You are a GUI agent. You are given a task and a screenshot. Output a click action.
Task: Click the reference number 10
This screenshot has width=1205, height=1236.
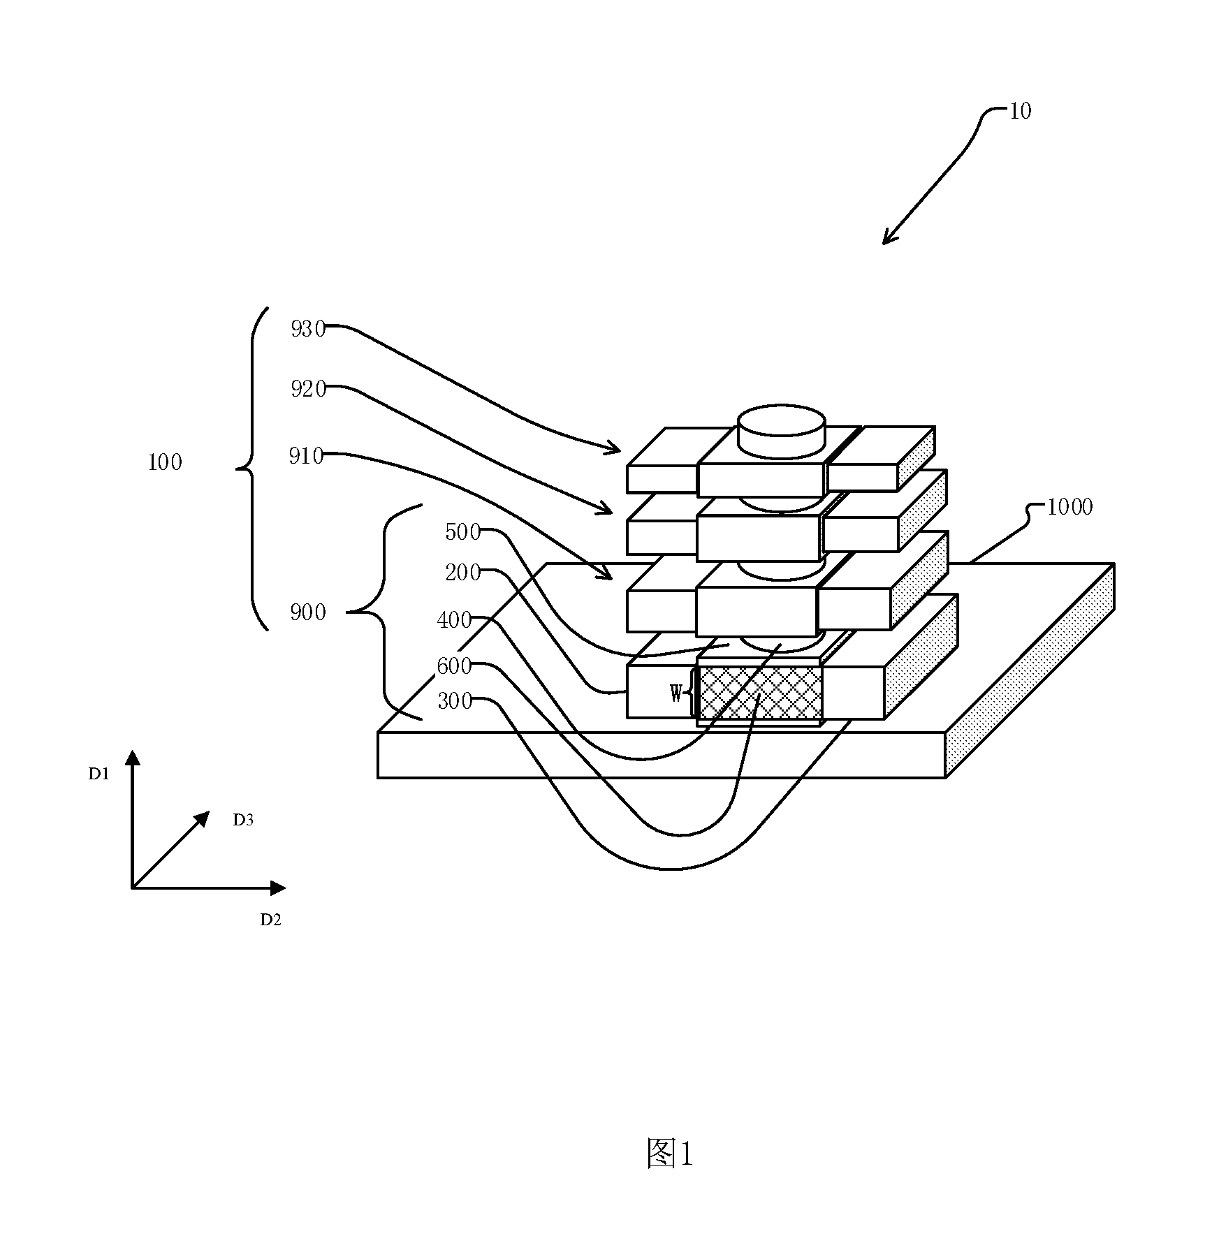point(1020,111)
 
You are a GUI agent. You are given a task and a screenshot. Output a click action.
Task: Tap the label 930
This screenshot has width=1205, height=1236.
point(308,329)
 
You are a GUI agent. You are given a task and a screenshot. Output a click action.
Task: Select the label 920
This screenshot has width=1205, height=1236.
point(309,389)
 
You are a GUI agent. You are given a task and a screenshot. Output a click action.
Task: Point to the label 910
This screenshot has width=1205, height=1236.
point(307,456)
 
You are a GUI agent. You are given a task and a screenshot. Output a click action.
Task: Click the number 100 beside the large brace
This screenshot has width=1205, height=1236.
point(165,462)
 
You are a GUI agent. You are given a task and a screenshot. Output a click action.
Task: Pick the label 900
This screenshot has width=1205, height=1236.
point(308,612)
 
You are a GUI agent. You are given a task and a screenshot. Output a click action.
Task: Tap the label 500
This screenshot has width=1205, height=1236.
point(463,532)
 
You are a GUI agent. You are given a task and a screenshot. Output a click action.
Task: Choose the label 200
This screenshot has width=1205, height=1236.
point(463,573)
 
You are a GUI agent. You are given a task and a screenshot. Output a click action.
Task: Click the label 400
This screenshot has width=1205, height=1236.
point(455,620)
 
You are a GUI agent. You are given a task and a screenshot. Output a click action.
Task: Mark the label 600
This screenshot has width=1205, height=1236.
point(455,666)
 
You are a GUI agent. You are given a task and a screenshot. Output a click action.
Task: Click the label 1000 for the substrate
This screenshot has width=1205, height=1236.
point(1069,507)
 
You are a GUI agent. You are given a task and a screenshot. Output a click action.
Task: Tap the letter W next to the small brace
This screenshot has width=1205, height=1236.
point(676,693)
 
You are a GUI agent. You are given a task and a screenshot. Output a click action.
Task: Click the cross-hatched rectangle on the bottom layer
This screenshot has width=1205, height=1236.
point(760,693)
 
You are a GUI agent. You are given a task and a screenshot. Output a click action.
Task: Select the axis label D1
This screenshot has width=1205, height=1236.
point(98,774)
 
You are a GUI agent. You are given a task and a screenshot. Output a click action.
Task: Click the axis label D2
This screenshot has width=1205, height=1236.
point(271,920)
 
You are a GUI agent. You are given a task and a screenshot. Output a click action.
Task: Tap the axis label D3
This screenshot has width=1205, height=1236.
point(243,821)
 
